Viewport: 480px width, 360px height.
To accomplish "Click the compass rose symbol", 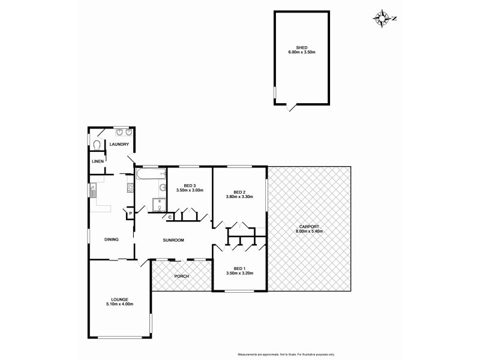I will pyautogui.click(x=382, y=18).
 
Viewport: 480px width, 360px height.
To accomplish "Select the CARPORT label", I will pyautogui.click(x=309, y=227).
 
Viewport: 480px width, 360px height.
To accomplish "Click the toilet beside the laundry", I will pyautogui.click(x=97, y=144).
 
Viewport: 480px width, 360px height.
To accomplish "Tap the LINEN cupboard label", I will pyautogui.click(x=97, y=162).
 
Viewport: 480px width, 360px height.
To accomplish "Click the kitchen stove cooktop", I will pyautogui.click(x=130, y=188).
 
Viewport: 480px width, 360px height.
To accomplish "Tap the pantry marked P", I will pyautogui.click(x=130, y=213).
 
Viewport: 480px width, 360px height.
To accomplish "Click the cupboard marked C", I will pyautogui.click(x=170, y=217).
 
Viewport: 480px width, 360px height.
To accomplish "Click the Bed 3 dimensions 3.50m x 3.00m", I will pyautogui.click(x=190, y=190).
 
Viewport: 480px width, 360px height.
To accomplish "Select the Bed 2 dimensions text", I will pyautogui.click(x=239, y=197).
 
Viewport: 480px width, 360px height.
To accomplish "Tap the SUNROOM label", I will pyautogui.click(x=173, y=240).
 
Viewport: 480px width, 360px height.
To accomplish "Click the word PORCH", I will pyautogui.click(x=181, y=276).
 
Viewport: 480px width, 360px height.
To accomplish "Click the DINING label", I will pyautogui.click(x=111, y=239).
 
